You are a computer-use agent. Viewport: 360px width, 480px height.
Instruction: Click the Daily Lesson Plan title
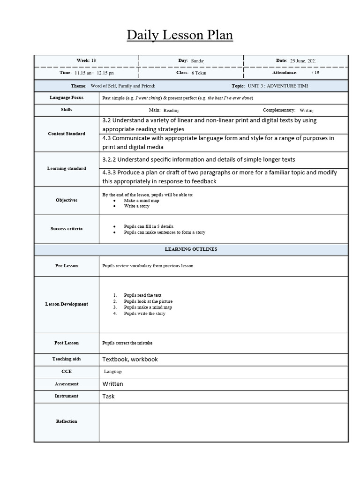click(x=180, y=35)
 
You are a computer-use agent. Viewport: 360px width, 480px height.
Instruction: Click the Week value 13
click(x=93, y=60)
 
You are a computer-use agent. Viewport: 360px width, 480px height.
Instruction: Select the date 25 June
click(x=303, y=61)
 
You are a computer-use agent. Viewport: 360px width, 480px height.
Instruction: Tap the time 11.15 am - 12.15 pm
click(x=94, y=73)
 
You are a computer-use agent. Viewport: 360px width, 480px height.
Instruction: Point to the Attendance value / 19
click(x=315, y=73)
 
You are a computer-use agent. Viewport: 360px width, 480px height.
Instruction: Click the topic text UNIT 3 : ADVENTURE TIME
click(x=277, y=86)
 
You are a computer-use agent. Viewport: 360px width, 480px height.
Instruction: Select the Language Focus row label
click(x=67, y=97)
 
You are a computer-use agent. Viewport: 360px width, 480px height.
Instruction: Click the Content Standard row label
click(x=67, y=134)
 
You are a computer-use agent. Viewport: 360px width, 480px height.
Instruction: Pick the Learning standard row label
click(x=67, y=168)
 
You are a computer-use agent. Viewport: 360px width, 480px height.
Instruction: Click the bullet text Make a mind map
click(x=142, y=200)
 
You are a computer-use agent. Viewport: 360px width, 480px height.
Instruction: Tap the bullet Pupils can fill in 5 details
click(x=149, y=226)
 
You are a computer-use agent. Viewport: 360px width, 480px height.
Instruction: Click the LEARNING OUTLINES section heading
click(x=191, y=249)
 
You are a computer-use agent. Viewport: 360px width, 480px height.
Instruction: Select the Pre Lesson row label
click(x=67, y=266)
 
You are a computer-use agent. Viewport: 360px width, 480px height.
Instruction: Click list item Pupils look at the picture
click(x=148, y=301)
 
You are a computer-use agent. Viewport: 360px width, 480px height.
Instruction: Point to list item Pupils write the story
click(x=144, y=314)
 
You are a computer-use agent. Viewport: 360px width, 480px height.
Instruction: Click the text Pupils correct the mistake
click(x=127, y=343)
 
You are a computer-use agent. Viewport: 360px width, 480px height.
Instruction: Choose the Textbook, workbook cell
click(x=130, y=359)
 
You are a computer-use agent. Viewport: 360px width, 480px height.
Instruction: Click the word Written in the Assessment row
click(x=113, y=384)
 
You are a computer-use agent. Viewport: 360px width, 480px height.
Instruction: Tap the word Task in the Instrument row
click(x=108, y=396)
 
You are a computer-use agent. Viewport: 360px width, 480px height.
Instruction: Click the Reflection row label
click(x=67, y=421)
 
